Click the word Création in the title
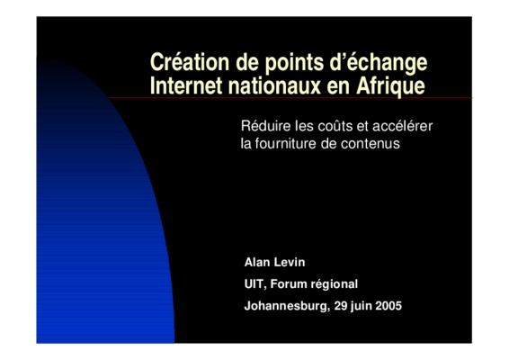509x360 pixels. coord(190,62)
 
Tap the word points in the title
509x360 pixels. coord(294,63)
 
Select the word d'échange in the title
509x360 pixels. coord(379,63)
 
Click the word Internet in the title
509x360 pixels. coord(186,85)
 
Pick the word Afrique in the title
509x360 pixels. coord(390,86)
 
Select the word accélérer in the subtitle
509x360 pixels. coord(403,126)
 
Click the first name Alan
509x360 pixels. coord(257,262)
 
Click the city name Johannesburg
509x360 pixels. coord(287,306)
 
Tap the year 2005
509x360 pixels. coord(388,306)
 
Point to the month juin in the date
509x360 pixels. coord(362,306)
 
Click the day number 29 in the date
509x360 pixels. coord(341,306)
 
